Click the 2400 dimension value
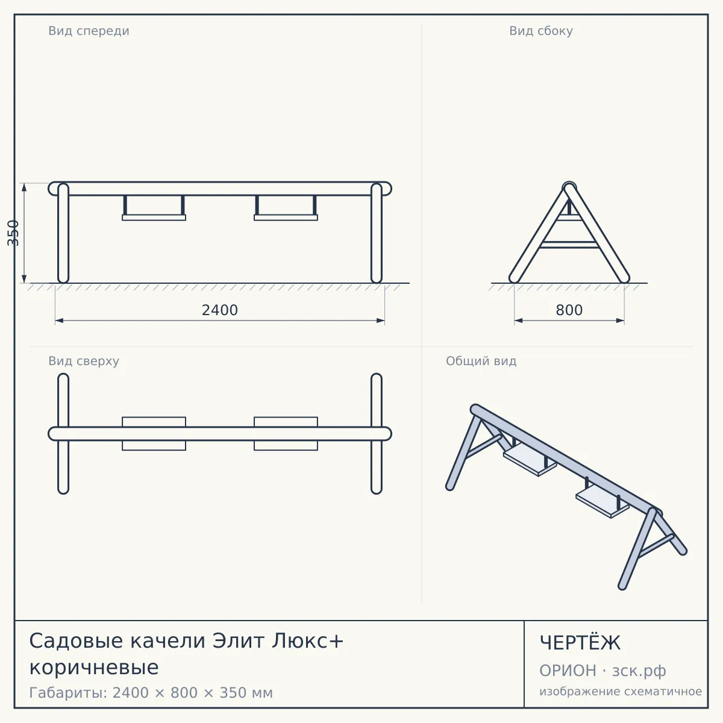219,310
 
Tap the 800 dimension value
569,310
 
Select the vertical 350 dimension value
13,233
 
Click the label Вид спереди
89,31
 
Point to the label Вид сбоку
540,31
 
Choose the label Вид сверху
84,361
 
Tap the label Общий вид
481,361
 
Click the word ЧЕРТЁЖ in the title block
580,643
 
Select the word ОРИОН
568,671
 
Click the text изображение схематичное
621,692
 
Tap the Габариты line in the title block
151,693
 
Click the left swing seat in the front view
154,218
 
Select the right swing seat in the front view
286,218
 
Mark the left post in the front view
63,233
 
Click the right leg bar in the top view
377,434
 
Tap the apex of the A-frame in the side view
569,186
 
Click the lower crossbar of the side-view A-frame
569,245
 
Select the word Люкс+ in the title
307,640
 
